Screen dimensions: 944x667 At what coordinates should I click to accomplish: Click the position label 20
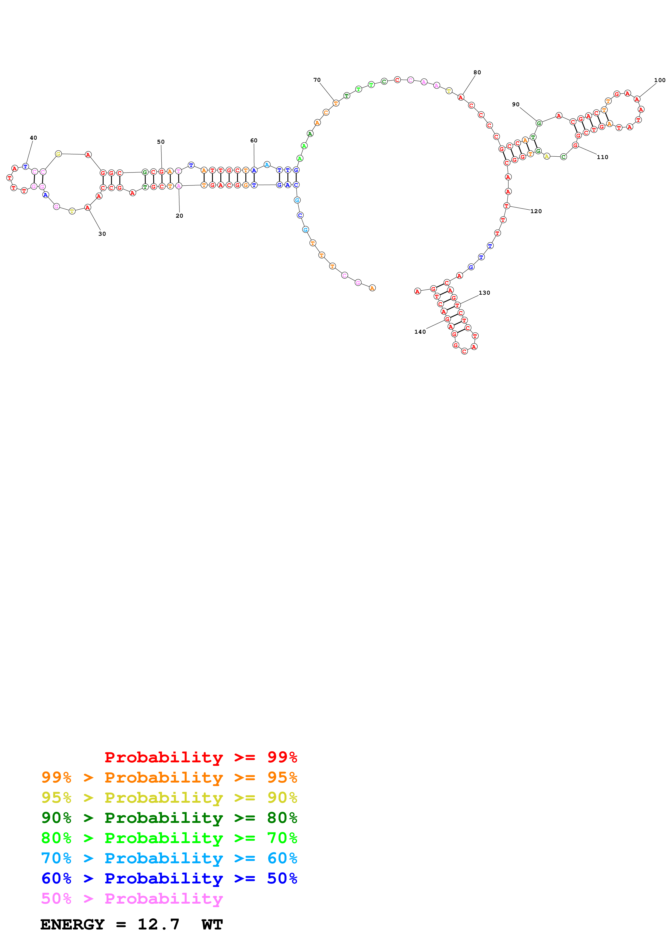point(179,216)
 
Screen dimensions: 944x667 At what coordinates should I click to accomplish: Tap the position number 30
point(102,234)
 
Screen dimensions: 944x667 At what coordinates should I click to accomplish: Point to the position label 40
point(33,138)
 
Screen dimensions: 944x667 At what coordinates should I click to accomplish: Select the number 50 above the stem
point(161,142)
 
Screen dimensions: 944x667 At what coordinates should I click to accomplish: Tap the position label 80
point(477,72)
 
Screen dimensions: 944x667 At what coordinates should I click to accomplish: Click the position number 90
point(516,104)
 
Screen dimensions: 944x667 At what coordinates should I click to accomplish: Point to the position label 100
point(660,80)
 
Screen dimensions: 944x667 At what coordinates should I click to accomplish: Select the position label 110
point(602,157)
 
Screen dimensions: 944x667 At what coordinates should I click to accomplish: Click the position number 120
point(536,211)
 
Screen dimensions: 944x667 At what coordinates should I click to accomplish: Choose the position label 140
point(420,332)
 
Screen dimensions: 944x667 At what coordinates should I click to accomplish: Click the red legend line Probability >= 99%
point(200,757)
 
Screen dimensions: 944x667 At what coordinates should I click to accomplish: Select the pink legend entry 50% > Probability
point(132,898)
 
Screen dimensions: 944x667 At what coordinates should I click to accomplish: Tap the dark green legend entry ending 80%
point(169,818)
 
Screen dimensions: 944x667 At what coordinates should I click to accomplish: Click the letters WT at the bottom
point(212,925)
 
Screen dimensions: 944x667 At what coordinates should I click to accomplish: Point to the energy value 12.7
point(158,925)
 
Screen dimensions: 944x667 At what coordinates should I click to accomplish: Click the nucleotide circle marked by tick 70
point(336,103)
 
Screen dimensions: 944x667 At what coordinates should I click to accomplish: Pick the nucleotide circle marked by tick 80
point(461,97)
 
